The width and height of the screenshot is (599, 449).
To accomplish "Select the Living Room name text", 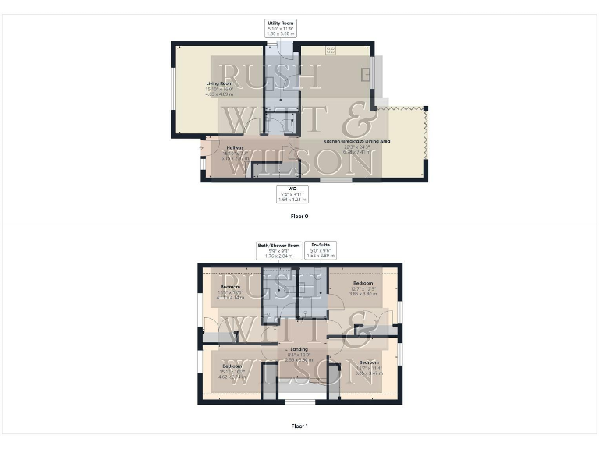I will point(220,83).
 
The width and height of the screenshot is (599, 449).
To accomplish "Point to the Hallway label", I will point(235,147).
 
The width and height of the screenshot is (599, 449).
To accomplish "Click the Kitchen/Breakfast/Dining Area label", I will point(356,141).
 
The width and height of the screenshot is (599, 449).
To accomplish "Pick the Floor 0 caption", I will point(299,216).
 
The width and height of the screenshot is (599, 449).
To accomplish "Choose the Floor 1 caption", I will point(299,426).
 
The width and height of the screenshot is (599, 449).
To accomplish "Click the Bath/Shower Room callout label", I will point(278,245).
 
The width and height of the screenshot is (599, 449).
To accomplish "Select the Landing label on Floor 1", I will point(299,349).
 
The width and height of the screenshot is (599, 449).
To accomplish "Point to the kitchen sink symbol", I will point(367,74).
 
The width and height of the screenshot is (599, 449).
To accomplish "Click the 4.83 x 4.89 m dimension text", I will point(220,94).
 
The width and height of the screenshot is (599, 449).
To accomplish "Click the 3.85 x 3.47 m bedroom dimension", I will point(368,373).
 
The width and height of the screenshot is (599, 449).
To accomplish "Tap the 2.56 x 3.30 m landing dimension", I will point(299,360).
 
